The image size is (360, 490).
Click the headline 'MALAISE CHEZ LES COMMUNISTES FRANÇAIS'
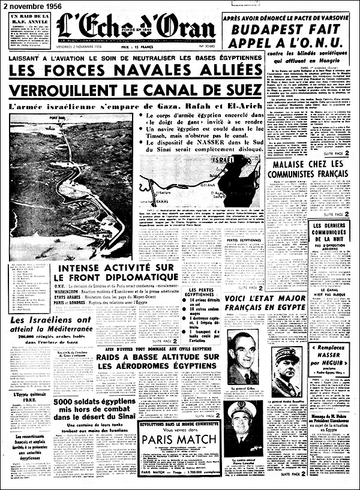[308, 169]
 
